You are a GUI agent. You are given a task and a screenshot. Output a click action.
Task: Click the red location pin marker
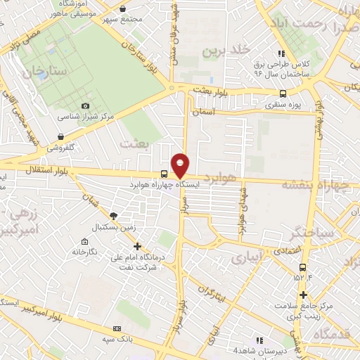[180, 165]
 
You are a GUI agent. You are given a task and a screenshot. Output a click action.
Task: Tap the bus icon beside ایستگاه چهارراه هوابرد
[164, 174]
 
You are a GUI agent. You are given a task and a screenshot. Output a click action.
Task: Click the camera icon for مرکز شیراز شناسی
[86, 105]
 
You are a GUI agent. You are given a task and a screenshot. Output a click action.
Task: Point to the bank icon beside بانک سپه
[117, 328]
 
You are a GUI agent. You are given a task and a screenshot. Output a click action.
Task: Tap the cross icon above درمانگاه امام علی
[137, 247]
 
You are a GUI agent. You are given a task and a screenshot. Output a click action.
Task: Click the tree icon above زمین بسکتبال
[114, 217]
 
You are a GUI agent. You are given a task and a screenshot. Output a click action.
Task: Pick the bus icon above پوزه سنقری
[283, 94]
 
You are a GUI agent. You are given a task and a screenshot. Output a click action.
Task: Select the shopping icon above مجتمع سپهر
[124, 9]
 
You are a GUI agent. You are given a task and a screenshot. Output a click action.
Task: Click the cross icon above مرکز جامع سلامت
[303, 295]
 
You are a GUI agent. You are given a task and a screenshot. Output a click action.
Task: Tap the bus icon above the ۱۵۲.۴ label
[303, 267]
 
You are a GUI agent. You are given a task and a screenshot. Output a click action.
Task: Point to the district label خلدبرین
[226, 51]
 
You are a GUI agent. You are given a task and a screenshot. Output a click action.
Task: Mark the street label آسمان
[212, 112]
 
